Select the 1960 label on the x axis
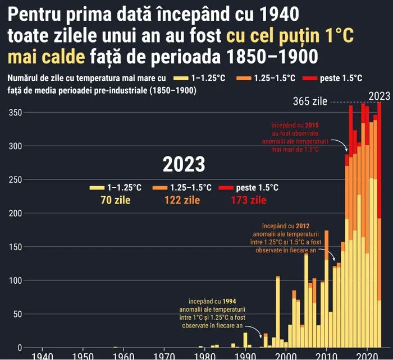pyautogui.click(x=123, y=356)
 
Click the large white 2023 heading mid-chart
pyautogui.click(x=184, y=164)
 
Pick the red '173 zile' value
pyautogui.click(x=248, y=200)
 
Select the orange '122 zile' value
pyautogui.click(x=182, y=200)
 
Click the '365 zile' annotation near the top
pyautogui.click(x=310, y=101)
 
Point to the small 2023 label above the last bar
pyautogui.click(x=379, y=95)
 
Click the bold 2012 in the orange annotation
pyautogui.click(x=302, y=225)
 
